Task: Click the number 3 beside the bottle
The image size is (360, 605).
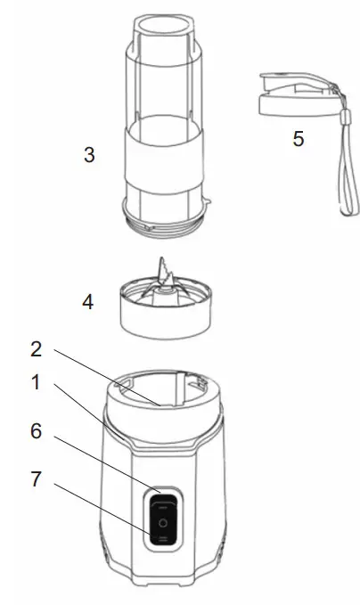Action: coord(88,155)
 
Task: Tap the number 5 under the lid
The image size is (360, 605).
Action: coord(297,140)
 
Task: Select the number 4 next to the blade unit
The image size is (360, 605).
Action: coord(87,302)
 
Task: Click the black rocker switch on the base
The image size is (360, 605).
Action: coord(162,522)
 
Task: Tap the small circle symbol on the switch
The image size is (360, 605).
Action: coord(162,523)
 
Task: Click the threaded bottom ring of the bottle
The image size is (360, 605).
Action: coord(164,222)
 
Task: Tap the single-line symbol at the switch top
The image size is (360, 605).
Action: coord(162,504)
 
